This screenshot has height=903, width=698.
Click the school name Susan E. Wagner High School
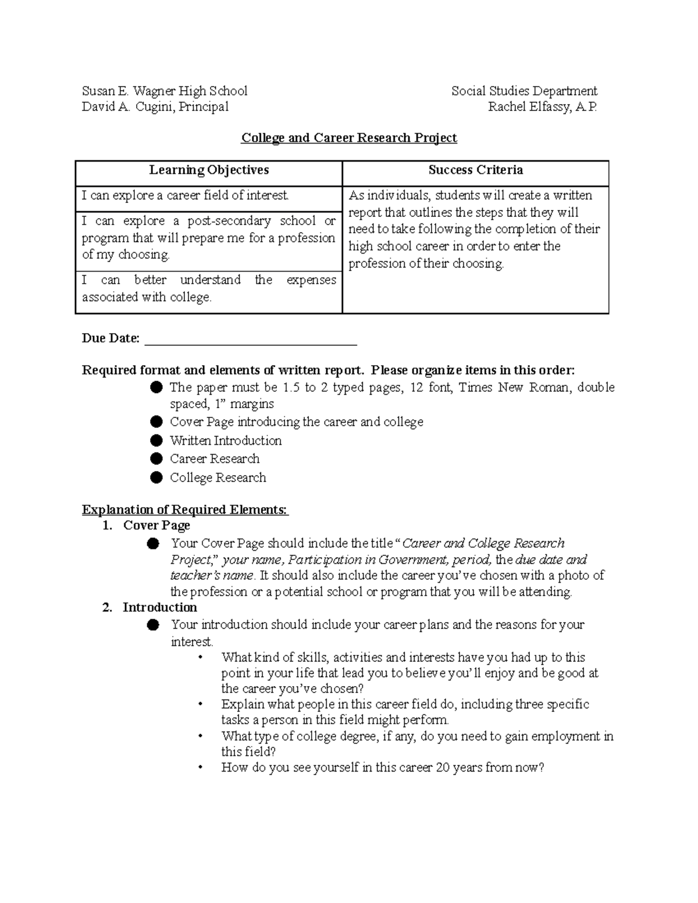165,91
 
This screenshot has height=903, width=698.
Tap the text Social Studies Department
524,91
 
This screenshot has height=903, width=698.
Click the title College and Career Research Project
349,138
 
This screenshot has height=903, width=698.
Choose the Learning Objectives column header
209,170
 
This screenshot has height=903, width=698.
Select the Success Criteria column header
475,170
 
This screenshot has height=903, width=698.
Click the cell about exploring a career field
185,196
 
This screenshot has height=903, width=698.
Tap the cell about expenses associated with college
209,288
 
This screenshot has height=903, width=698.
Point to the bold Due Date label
111,338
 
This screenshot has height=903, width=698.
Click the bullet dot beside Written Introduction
156,440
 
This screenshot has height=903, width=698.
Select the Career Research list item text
215,459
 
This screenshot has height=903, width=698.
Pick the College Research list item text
218,477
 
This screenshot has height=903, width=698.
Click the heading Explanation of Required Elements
185,510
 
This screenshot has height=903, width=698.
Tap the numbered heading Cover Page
156,526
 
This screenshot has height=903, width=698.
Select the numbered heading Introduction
159,608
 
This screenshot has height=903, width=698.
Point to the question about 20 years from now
382,768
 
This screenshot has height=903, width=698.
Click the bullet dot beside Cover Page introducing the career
156,422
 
